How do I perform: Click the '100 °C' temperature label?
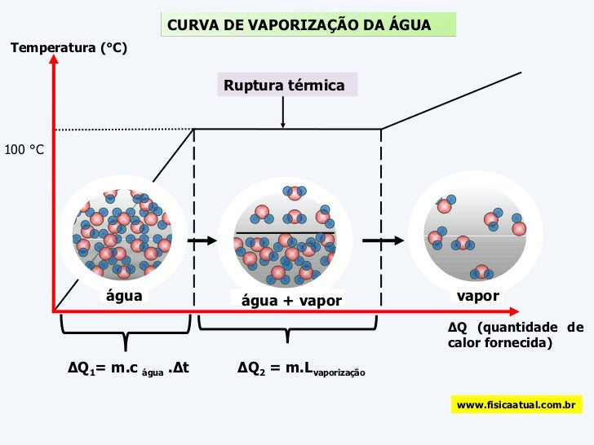(x=24, y=151)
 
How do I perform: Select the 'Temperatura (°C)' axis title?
(x=69, y=49)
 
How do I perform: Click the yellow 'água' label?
(x=124, y=296)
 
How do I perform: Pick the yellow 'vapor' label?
(x=478, y=296)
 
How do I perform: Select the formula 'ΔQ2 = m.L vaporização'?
(x=301, y=368)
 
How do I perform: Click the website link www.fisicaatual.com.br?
(x=516, y=404)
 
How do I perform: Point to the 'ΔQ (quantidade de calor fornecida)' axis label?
(x=515, y=335)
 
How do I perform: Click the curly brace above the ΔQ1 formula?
(x=125, y=335)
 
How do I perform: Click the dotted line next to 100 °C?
(x=122, y=129)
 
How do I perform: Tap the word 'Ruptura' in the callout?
(x=255, y=86)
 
